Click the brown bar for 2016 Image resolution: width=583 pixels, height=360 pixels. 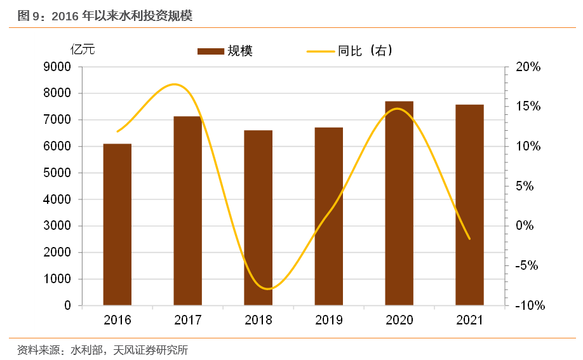pyautogui.click(x=117, y=225)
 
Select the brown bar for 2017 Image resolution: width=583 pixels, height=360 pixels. pyautogui.click(x=187, y=211)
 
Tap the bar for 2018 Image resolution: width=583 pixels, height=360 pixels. pyautogui.click(x=258, y=218)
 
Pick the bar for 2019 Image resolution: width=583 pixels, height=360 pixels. pyautogui.click(x=328, y=217)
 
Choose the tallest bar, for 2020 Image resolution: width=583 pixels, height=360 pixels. pyautogui.click(x=399, y=203)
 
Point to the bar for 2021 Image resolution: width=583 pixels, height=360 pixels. pyautogui.click(x=469, y=205)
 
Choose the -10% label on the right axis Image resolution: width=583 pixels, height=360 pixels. pyautogui.click(x=530, y=305)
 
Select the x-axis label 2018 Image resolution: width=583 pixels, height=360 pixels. pyautogui.click(x=258, y=320)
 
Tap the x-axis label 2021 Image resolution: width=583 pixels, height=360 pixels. pyautogui.click(x=469, y=320)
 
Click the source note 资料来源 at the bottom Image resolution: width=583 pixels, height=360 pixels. pyautogui.click(x=102, y=350)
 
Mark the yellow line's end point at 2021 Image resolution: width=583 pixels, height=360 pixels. pyautogui.click(x=469, y=239)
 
